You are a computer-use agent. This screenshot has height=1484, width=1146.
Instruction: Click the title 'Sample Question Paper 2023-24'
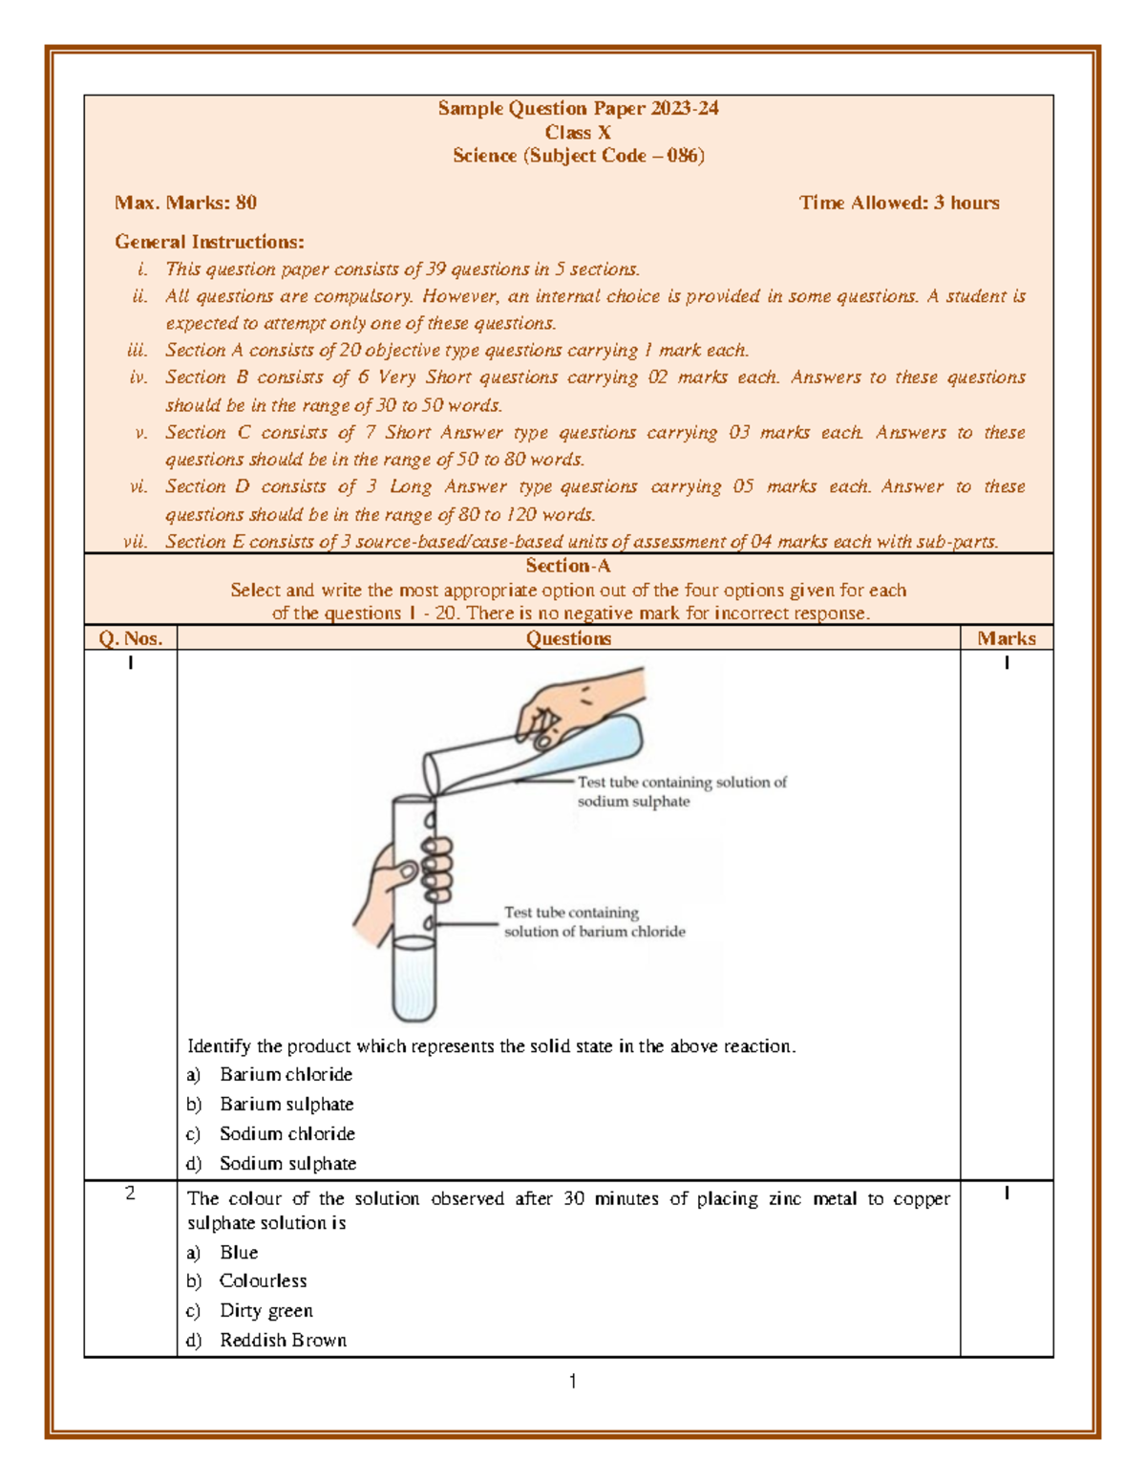point(578,109)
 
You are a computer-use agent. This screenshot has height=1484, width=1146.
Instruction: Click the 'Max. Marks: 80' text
point(185,203)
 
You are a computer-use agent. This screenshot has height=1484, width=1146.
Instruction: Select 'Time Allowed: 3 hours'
point(899,203)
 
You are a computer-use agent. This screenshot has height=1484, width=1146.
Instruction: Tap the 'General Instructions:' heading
point(209,242)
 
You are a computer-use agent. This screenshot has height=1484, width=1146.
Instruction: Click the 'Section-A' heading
point(568,566)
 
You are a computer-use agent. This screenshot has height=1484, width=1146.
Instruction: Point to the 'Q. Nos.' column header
point(131,638)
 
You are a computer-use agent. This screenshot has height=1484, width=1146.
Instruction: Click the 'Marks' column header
point(1006,638)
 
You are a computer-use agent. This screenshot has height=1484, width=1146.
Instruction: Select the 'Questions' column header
point(568,638)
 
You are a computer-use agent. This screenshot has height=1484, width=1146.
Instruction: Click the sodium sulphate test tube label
point(681,791)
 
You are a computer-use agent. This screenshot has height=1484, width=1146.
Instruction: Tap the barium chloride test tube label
point(594,922)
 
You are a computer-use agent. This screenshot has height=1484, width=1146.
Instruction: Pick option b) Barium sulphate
point(286,1105)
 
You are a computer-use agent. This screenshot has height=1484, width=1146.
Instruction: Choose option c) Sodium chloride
point(286,1134)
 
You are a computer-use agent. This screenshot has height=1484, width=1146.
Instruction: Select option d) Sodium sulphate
point(287,1164)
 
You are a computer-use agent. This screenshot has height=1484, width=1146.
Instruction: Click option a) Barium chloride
point(286,1075)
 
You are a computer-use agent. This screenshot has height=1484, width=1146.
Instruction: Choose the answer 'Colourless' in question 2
point(263,1281)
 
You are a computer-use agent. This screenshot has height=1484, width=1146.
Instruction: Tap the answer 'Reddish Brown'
point(283,1341)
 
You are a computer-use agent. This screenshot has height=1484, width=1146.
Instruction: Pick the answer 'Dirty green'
point(265,1311)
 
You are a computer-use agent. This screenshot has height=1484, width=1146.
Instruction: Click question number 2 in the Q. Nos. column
point(131,1194)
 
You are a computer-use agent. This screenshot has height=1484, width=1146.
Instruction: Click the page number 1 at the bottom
point(572,1382)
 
